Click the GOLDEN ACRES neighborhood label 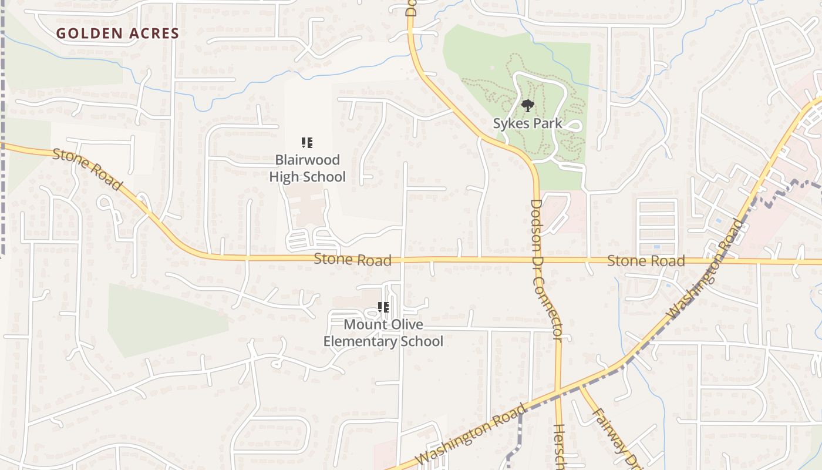[117, 33]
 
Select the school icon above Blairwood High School [306, 143]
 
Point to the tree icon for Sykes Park [528, 106]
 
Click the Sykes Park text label [527, 123]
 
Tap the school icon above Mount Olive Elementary [383, 307]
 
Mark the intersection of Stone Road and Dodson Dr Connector [538, 259]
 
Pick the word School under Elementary [420, 341]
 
